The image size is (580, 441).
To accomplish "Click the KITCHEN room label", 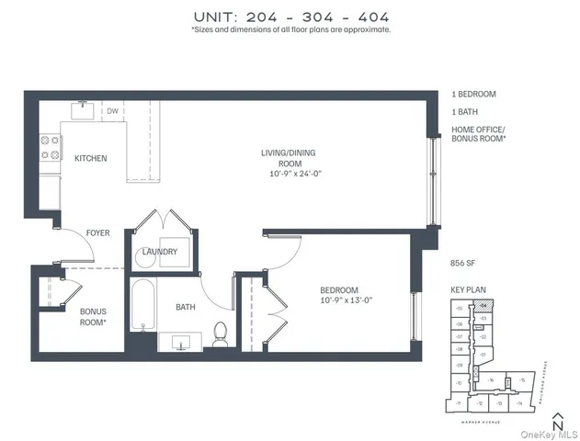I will (90, 158).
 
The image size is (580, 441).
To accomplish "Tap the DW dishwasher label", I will (113, 111).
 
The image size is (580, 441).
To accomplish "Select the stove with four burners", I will (50, 149).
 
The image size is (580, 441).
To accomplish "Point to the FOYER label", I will (98, 233).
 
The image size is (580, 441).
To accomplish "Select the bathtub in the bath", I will (142, 310).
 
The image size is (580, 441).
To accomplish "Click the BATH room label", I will (188, 307).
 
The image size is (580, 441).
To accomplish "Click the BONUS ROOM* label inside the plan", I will (93, 317).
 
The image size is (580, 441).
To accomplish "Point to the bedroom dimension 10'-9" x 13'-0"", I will (347, 300).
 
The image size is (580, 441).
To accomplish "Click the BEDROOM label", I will (338, 288).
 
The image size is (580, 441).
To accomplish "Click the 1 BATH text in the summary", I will (465, 111).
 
